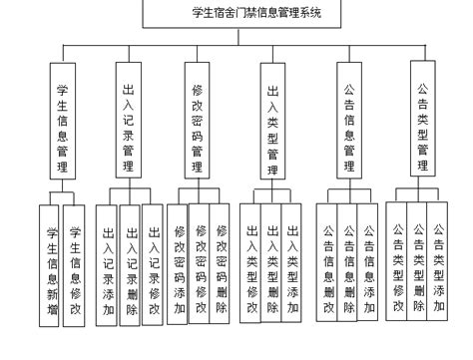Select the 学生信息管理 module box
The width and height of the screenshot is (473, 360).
pos(62,120)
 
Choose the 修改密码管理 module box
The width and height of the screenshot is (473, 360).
pos(198,120)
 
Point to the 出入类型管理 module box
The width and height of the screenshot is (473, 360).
pos(272,120)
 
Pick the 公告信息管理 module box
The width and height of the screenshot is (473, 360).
pos(348,120)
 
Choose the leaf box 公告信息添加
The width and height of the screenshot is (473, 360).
pos(370,264)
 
